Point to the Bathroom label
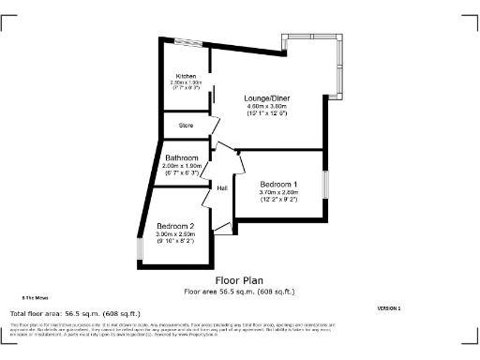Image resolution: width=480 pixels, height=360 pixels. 182,158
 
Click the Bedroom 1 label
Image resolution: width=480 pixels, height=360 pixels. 278,184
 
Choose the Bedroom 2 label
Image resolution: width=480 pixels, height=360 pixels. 175,227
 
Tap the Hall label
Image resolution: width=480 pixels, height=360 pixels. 223,188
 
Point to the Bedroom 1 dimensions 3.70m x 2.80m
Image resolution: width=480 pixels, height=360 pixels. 278,192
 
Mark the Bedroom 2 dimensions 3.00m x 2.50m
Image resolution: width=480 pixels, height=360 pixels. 175,235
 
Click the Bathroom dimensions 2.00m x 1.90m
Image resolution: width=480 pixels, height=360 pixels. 182,167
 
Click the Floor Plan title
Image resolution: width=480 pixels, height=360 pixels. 239,279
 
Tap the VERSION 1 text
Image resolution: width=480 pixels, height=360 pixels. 388,307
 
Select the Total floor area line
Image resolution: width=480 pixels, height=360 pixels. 74,313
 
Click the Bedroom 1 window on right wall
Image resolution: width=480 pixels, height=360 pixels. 326,184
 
